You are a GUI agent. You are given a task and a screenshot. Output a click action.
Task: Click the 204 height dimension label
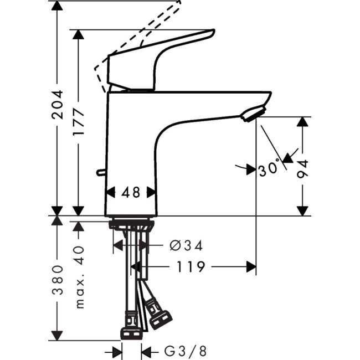(57, 105)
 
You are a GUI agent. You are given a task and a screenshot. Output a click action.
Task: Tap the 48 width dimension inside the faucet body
(131, 192)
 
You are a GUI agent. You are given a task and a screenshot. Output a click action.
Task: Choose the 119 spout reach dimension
(192, 267)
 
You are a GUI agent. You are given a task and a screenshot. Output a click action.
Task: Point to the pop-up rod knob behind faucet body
(100, 172)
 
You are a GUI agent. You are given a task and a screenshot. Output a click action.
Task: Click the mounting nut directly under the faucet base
(131, 225)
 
